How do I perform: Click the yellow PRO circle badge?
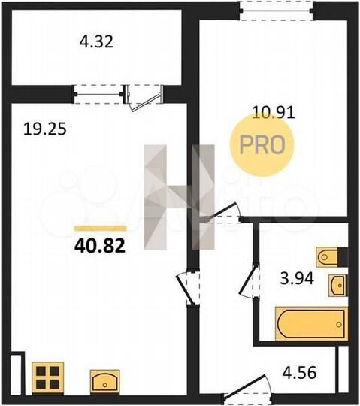(x=262, y=144)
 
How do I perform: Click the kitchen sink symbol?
(x=106, y=380)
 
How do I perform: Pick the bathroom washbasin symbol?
(x=339, y=285)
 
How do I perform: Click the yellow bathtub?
(x=311, y=324)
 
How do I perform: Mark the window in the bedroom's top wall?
(x=275, y=9)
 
